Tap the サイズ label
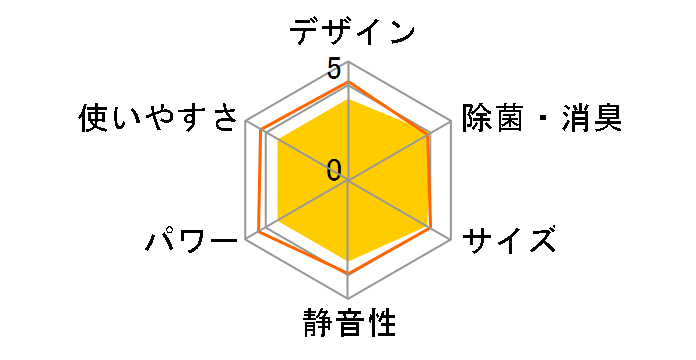(x=509, y=240)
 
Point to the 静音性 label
(x=348, y=325)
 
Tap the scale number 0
(x=334, y=170)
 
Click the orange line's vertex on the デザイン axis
(x=348, y=83)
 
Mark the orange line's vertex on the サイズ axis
(x=432, y=229)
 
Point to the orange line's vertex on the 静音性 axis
(x=348, y=272)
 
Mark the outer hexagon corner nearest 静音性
(x=348, y=298)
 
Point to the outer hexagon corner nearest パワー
(x=246, y=240)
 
